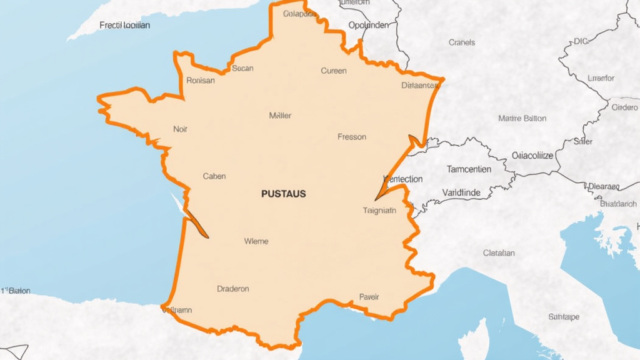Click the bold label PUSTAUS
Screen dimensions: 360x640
click(283, 194)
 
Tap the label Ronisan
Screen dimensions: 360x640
click(201, 80)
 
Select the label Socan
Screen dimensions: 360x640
click(242, 68)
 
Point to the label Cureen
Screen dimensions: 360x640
click(334, 71)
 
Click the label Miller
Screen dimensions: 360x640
click(280, 116)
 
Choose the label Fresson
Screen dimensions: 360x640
click(352, 136)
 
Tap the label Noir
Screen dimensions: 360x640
click(180, 129)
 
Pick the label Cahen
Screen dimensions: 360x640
click(214, 176)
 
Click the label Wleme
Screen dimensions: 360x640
click(256, 241)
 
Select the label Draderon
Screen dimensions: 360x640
click(233, 289)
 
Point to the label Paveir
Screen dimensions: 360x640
click(369, 297)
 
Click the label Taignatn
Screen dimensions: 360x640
click(379, 211)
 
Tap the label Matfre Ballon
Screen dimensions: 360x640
click(522, 118)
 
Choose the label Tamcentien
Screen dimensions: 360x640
click(469, 169)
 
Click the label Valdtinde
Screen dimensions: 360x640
click(461, 192)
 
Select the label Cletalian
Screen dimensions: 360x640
click(499, 253)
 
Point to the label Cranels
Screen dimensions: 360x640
click(462, 42)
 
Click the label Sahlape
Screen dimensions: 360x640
click(564, 317)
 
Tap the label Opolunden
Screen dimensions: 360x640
click(368, 25)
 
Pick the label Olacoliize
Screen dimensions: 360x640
click(532, 156)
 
